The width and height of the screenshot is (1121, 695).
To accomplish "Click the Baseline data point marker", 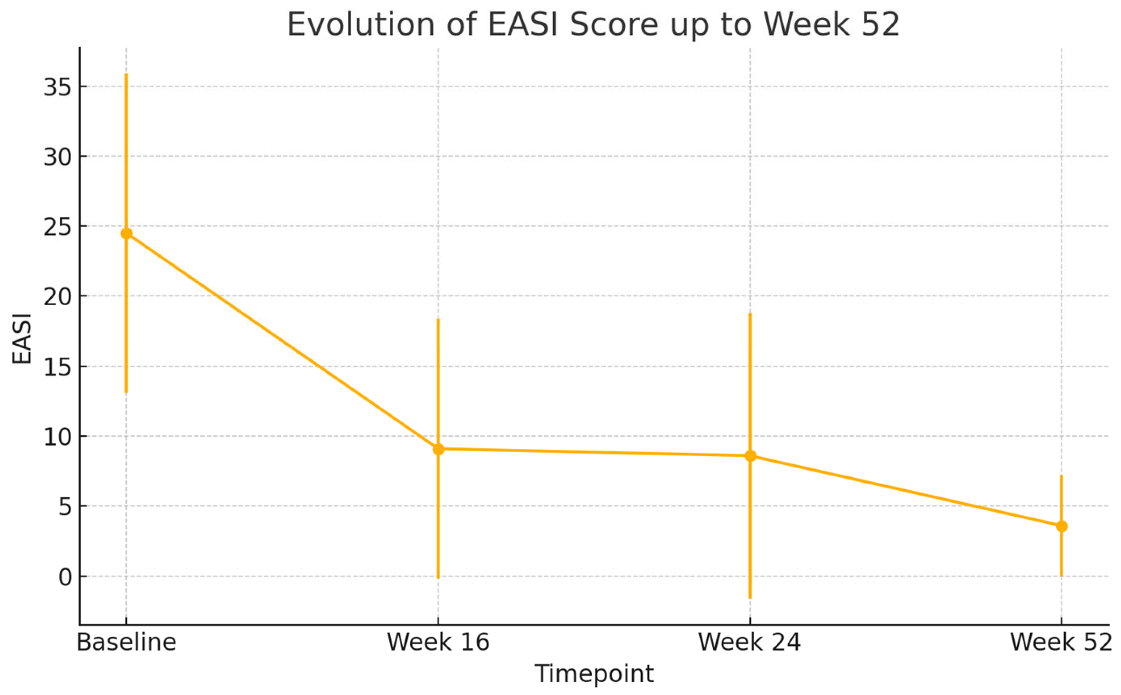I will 127,234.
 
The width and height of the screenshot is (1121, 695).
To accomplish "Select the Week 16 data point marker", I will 438,449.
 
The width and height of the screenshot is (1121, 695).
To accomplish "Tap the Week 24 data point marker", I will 750,456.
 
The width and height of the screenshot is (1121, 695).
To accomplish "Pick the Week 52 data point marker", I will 1061,527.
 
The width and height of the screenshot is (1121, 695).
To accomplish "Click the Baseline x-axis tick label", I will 127,643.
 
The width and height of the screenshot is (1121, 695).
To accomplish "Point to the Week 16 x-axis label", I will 438,643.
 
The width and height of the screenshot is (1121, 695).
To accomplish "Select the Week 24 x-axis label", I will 750,643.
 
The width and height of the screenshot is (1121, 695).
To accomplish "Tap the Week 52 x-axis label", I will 1061,643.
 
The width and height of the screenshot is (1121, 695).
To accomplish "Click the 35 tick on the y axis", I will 58,87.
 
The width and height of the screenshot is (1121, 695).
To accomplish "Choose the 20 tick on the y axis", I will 58,297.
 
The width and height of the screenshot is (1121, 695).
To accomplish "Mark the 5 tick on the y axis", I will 65,507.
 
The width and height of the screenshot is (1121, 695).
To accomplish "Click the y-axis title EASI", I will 22,339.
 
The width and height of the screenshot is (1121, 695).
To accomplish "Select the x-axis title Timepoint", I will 594,674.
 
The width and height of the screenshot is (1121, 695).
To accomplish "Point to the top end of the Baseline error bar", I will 127,74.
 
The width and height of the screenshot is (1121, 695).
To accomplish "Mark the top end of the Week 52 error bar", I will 1061,476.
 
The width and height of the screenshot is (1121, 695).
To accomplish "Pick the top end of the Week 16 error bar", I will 438,319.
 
